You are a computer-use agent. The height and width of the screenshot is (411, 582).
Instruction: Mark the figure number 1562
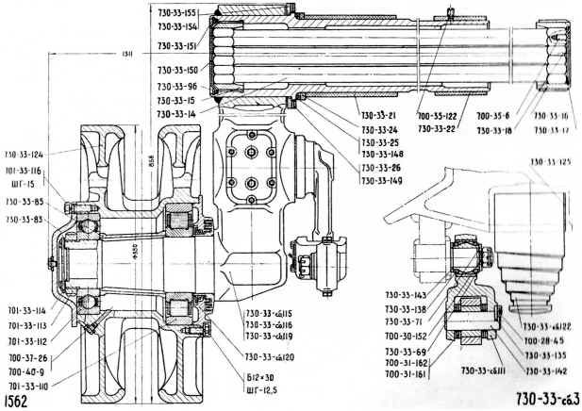(14, 400)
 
